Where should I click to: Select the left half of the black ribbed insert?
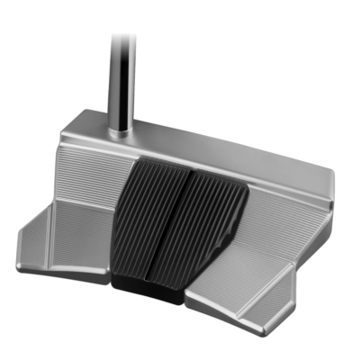click(x=148, y=216)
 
